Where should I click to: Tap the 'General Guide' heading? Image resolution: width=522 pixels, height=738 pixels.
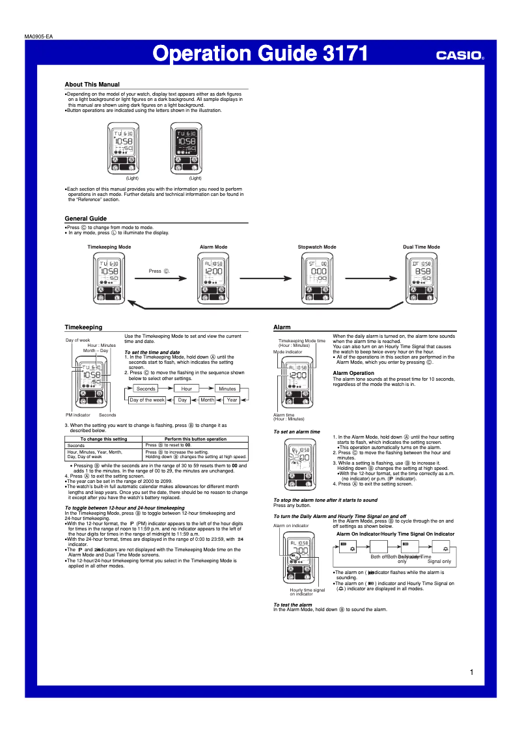click(85, 218)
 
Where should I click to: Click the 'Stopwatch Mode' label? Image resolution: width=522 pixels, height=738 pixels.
click(317, 247)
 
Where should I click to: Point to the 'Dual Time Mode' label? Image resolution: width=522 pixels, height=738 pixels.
click(421, 247)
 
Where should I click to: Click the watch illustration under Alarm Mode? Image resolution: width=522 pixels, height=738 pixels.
click(212, 279)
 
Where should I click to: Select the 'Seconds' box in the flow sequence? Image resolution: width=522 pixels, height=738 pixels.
click(146, 389)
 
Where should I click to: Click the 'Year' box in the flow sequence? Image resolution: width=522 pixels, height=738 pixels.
click(232, 400)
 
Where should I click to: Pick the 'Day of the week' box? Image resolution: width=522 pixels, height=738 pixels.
click(146, 400)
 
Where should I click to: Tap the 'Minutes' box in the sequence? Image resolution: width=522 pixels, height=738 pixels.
click(227, 389)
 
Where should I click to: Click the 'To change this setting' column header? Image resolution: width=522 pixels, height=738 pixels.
click(103, 439)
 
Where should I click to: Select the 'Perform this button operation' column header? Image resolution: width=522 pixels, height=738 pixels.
click(195, 439)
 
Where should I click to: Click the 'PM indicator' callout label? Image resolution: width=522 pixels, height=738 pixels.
click(77, 415)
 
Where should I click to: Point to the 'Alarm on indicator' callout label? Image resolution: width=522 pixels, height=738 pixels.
click(291, 525)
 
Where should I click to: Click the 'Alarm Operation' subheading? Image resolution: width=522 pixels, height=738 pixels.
click(353, 373)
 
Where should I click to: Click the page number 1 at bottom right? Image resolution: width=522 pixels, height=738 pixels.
click(471, 672)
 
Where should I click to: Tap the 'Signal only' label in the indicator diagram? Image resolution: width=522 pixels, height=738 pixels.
click(439, 561)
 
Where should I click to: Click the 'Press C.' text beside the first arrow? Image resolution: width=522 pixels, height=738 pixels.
click(159, 271)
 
